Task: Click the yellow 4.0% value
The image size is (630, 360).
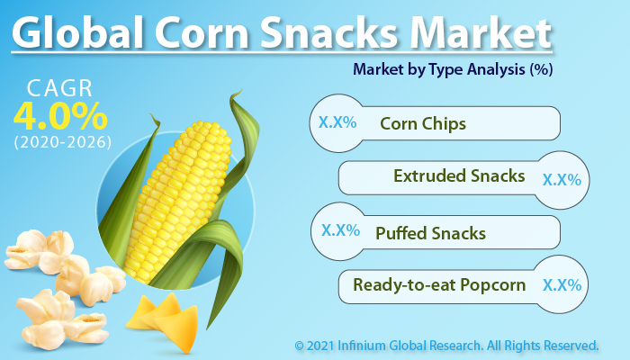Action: tap(60, 118)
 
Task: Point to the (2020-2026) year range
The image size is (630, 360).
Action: tap(61, 142)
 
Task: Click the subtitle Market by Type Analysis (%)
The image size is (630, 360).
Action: tap(452, 68)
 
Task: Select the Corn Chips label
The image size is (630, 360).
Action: tap(423, 123)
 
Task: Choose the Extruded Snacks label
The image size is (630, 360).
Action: tap(460, 176)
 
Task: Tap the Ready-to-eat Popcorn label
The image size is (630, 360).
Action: tap(439, 286)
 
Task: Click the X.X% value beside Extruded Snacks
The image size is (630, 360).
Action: tap(561, 179)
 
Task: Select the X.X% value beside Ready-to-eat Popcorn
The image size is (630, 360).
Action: tap(561, 286)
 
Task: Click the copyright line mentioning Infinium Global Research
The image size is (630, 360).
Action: tap(446, 345)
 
